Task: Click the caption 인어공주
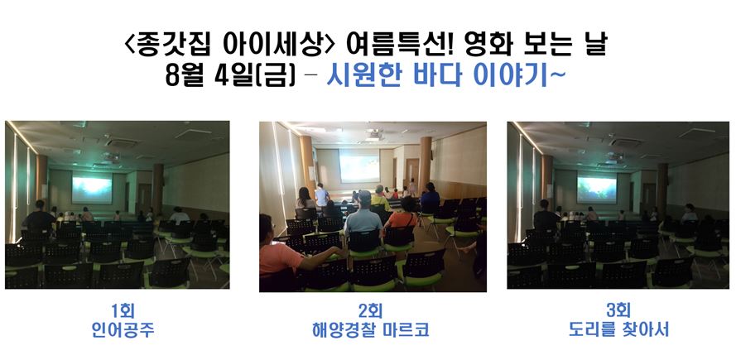coord(123,330)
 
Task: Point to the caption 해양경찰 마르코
coord(370,330)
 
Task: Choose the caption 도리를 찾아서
coord(618,330)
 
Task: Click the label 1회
coord(123,310)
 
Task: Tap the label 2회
coord(370,310)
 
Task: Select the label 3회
coord(618,310)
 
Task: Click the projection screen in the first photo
coord(92,189)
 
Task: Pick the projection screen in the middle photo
coord(359,166)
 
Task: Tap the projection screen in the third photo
coord(597,190)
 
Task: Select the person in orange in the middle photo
coord(402,218)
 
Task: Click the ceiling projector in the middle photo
coord(375,135)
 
